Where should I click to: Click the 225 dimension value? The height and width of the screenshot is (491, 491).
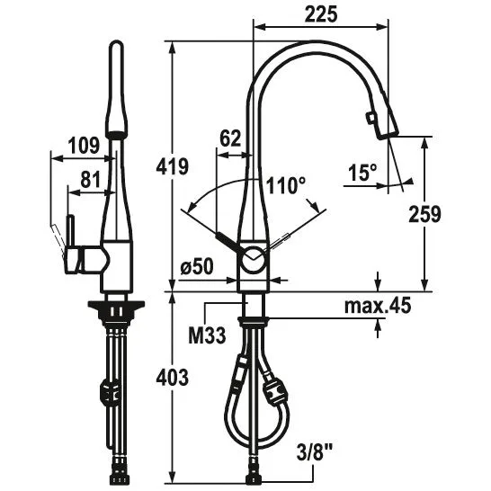(x=321, y=14)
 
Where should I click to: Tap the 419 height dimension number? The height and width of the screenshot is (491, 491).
(x=173, y=166)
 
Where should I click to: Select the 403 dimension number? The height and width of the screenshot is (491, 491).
(x=173, y=378)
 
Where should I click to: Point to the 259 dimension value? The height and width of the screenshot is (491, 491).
(x=424, y=214)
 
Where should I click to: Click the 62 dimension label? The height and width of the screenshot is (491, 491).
(x=230, y=138)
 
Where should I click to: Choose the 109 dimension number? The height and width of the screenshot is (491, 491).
(x=84, y=146)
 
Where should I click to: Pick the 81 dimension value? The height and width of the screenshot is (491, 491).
(x=90, y=180)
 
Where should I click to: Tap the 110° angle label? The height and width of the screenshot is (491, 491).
(x=285, y=185)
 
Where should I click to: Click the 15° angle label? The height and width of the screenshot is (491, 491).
(x=362, y=173)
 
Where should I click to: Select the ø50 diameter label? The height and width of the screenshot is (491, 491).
(x=197, y=267)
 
